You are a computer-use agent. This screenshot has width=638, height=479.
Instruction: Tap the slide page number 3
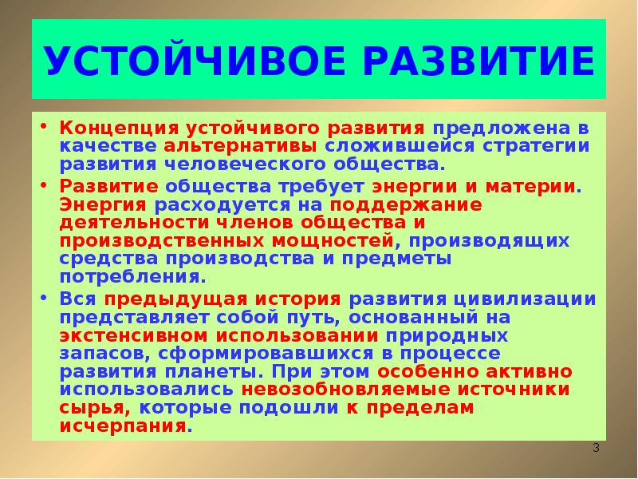click(595, 449)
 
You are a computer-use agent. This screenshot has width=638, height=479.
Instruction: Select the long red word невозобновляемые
click(340, 390)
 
